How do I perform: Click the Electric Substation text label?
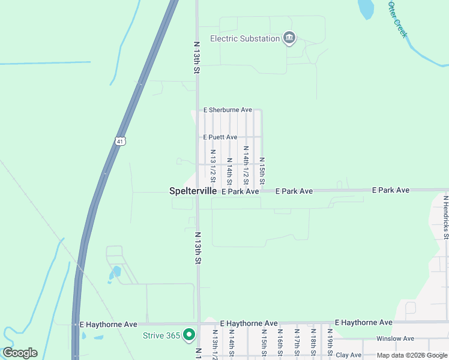(245, 39)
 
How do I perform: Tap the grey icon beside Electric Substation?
(289, 39)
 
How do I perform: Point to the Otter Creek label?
(397, 20)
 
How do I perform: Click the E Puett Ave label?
(220, 137)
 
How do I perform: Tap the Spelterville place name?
(192, 191)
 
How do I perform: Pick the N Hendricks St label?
(445, 217)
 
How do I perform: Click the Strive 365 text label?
(161, 335)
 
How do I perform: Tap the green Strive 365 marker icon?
(190, 334)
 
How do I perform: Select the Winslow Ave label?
(395, 338)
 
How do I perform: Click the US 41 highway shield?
(120, 142)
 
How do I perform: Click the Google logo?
(20, 353)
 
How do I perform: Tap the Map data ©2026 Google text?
(412, 355)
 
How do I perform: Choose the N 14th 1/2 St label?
(246, 166)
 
